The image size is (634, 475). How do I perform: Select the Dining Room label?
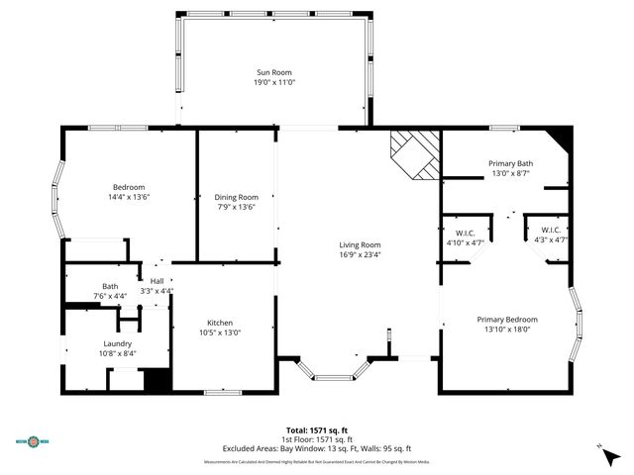pyautogui.click(x=236, y=196)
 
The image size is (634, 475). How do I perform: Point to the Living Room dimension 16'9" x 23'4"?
pyautogui.click(x=360, y=254)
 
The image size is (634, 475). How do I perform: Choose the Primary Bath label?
pyautogui.click(x=510, y=163)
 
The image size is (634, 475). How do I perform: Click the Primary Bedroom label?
pyautogui.click(x=506, y=319)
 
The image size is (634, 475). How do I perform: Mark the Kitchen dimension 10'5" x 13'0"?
pyautogui.click(x=219, y=332)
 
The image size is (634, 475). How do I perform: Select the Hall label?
pyautogui.click(x=157, y=281)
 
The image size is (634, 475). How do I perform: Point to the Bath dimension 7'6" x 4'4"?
pyautogui.click(x=109, y=296)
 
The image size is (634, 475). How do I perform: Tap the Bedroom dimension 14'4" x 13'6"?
pyautogui.click(x=129, y=197)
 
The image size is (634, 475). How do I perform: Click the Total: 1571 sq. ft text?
pyautogui.click(x=317, y=429)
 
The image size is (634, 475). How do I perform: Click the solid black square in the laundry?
pyautogui.click(x=158, y=380)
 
